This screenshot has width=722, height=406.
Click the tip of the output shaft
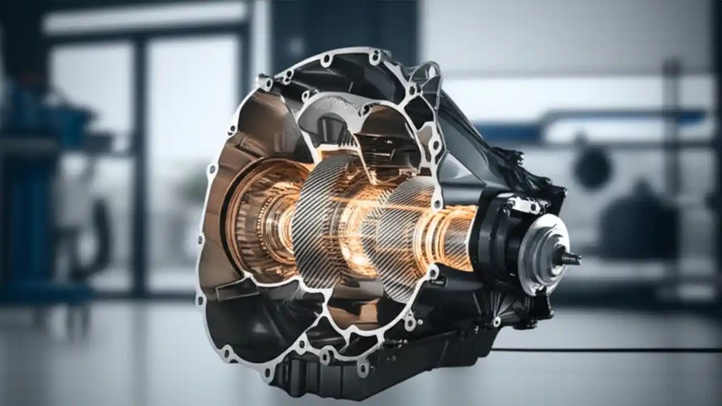575,259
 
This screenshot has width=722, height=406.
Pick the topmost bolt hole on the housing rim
375,55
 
